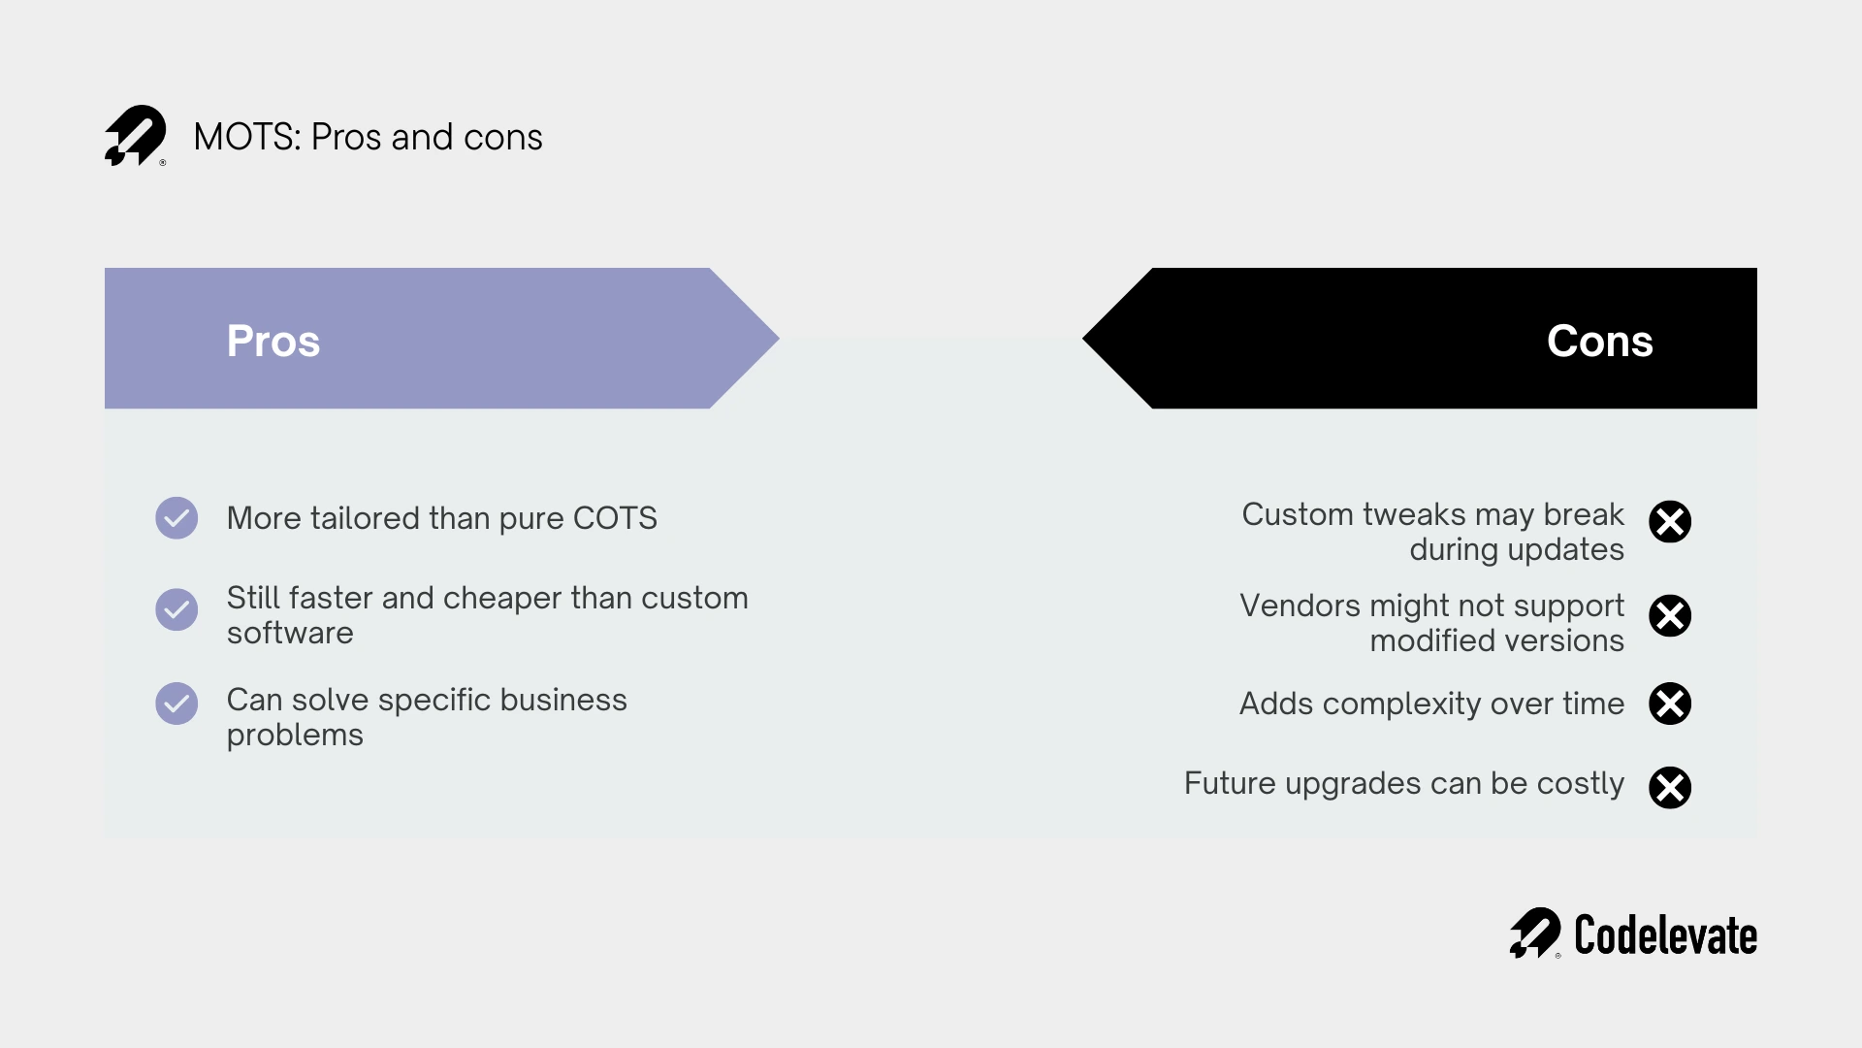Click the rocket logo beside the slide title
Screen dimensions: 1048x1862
[135, 136]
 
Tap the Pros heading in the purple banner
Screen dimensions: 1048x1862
[273, 341]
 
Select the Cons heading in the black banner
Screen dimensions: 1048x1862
[1599, 341]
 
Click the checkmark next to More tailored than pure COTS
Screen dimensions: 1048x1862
[177, 518]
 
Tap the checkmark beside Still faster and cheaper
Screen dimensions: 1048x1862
[177, 609]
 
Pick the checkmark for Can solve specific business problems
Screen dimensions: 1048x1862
[177, 704]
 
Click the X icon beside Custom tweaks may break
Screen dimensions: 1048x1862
[1669, 522]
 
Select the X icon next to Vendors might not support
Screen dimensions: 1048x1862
[1669, 615]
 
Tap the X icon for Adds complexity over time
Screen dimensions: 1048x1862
[1669, 704]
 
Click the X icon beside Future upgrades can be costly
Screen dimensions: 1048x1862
[1669, 787]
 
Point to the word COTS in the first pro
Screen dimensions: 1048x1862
[615, 518]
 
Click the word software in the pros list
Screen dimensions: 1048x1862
[290, 634]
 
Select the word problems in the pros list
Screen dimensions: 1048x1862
[295, 736]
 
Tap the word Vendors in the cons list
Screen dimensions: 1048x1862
[1300, 606]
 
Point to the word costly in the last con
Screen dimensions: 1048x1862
[1580, 783]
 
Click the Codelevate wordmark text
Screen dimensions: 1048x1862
[1665, 935]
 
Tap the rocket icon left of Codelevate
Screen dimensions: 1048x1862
[1534, 933]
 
